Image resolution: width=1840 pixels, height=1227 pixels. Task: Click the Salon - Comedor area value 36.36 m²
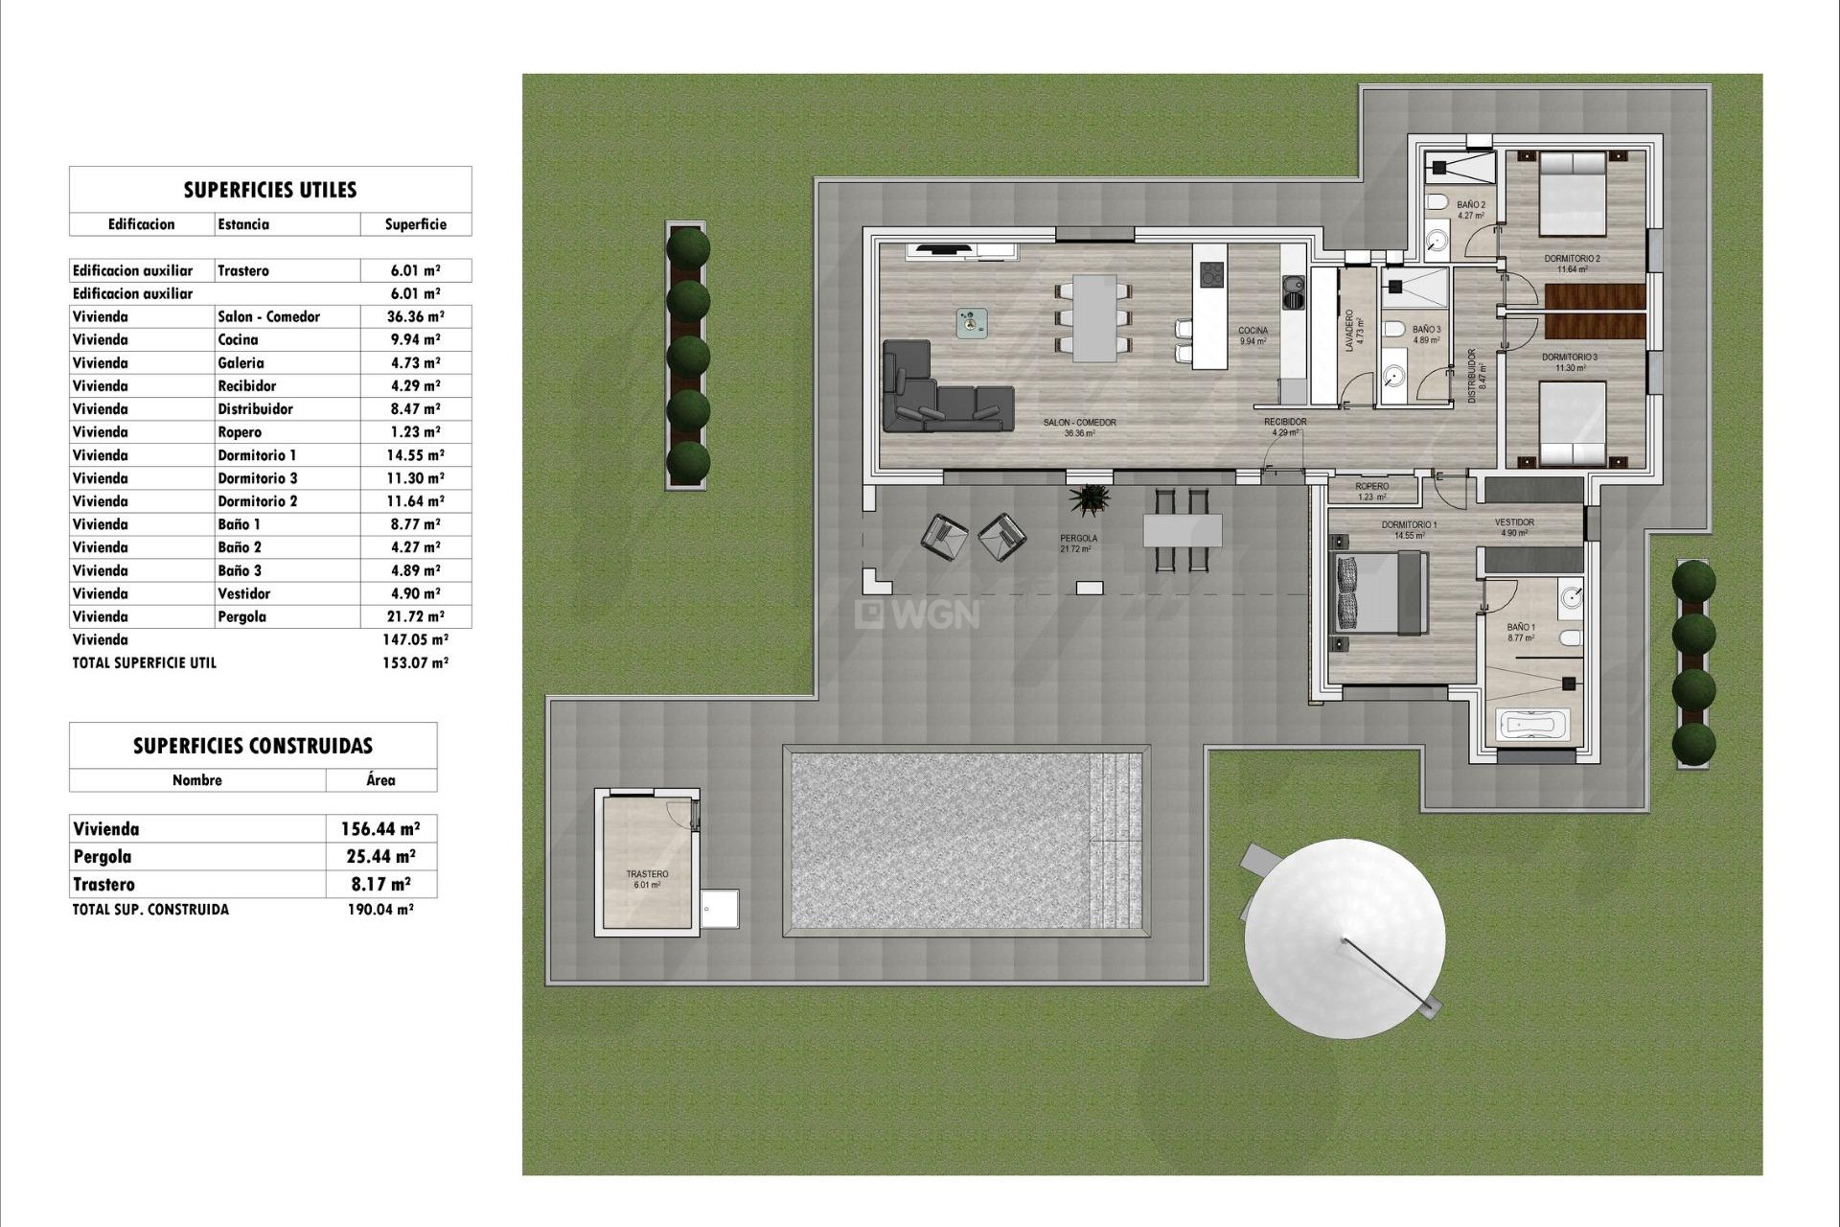click(415, 316)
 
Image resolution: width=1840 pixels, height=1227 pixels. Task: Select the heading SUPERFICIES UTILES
click(270, 190)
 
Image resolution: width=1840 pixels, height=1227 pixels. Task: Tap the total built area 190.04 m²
click(379, 910)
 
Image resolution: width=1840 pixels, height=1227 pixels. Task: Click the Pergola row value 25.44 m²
click(380, 857)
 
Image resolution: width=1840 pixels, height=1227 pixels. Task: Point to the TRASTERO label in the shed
click(647, 874)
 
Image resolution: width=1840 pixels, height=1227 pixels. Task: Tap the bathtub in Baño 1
click(1535, 725)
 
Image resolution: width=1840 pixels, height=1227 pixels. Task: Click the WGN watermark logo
click(917, 613)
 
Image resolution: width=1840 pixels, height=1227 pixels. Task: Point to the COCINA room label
click(1253, 331)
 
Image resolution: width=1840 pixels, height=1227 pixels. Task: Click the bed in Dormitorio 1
click(1380, 594)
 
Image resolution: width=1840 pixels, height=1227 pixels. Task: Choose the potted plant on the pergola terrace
click(1091, 498)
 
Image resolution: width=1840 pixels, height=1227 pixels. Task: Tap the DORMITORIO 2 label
click(1572, 259)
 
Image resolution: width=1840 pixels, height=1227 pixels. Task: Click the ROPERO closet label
click(1372, 487)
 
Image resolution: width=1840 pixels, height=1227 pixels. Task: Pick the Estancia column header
click(243, 224)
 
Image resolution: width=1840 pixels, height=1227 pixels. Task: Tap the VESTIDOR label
click(1514, 522)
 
